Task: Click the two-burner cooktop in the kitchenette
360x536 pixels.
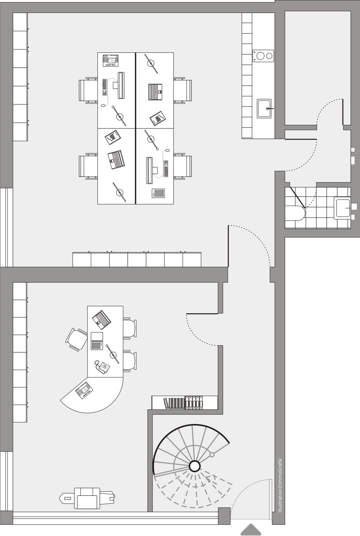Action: [263, 56]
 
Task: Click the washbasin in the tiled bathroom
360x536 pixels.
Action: [342, 208]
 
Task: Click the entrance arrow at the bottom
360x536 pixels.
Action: [251, 529]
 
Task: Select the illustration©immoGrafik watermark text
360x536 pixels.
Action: [280, 491]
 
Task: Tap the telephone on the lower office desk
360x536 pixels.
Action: [102, 366]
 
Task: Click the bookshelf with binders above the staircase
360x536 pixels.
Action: [185, 403]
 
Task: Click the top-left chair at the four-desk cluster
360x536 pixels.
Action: [88, 90]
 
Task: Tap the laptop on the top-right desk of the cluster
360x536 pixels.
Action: [155, 92]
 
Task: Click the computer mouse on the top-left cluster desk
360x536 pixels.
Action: [103, 105]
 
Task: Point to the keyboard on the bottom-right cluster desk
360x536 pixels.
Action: [166, 168]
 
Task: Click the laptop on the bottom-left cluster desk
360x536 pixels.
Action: [116, 160]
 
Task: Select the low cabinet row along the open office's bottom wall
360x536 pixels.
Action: [137, 259]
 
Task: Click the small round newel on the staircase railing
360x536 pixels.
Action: [212, 454]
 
